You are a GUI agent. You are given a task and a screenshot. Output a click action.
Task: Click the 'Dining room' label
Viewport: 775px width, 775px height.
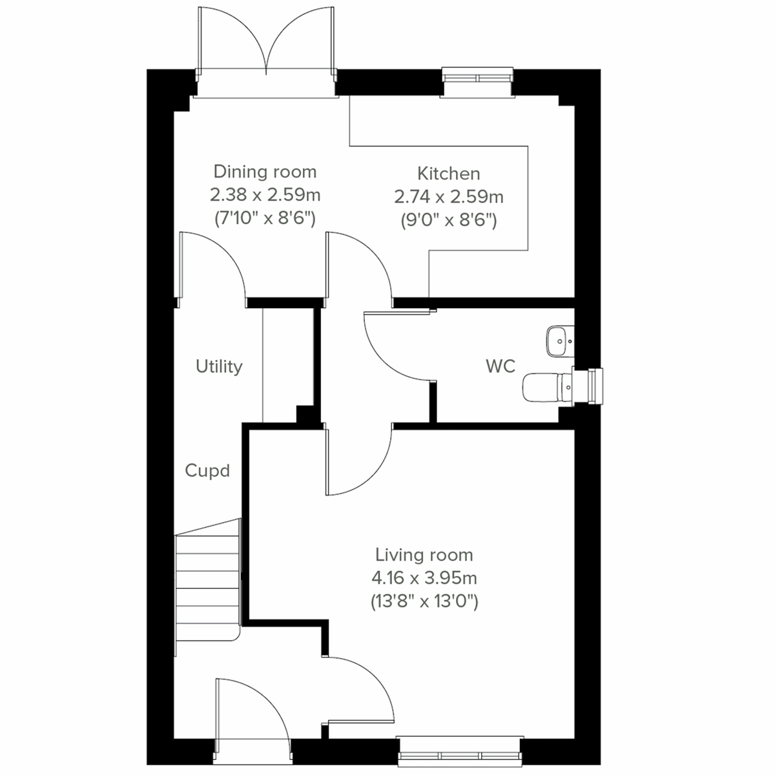tap(265, 172)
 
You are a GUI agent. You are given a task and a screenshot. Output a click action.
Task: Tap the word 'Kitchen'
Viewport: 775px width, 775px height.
tap(449, 174)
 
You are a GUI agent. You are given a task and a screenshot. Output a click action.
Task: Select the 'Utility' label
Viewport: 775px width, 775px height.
tap(219, 367)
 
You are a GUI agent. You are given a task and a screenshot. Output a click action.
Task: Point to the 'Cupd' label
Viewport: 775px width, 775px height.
tap(207, 471)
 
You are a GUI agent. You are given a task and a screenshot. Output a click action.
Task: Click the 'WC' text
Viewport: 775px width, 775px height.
tap(501, 366)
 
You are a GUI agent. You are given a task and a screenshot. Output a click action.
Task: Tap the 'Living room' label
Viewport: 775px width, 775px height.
tap(424, 555)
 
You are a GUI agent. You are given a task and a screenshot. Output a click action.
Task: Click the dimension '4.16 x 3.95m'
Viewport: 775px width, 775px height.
tap(424, 578)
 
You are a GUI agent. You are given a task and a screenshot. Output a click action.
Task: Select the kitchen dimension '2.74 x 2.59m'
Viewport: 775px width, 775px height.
tap(449, 196)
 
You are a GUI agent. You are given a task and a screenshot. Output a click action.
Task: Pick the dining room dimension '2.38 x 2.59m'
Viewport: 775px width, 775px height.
tap(265, 194)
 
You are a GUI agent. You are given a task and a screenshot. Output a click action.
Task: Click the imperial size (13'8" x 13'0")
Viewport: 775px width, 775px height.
tap(424, 602)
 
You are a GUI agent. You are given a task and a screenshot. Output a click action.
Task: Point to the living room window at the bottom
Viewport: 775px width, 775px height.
tap(460, 755)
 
